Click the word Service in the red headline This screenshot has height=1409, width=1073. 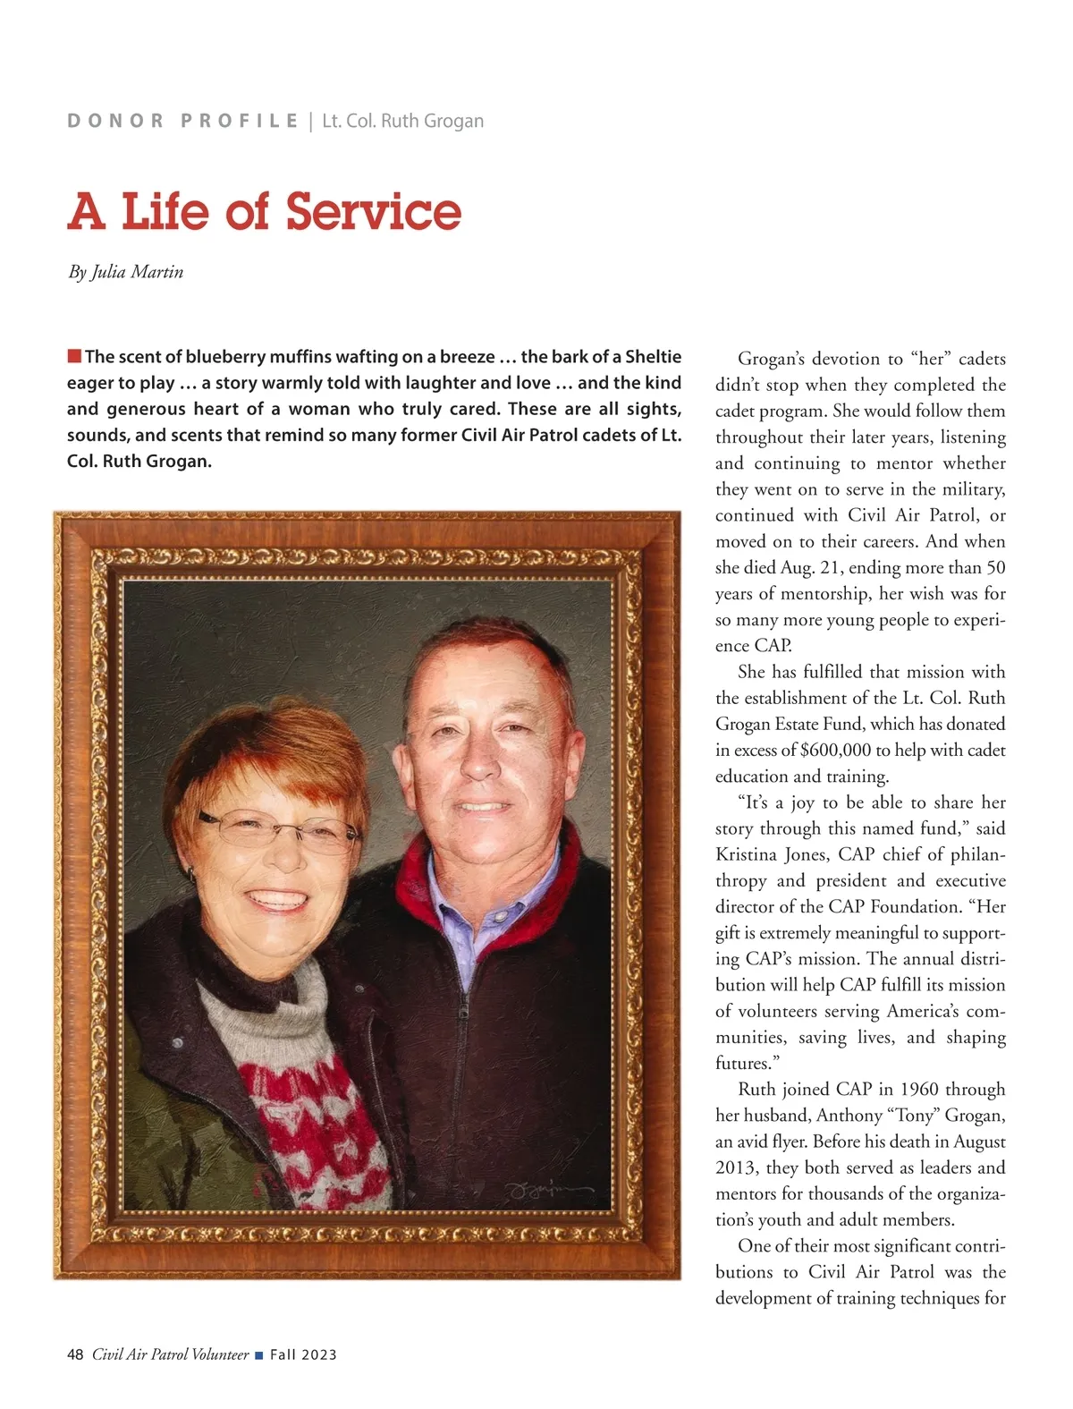pyautogui.click(x=374, y=212)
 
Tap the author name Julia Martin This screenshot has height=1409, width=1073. pyautogui.click(x=138, y=272)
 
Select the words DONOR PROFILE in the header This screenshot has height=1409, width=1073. pyautogui.click(x=182, y=121)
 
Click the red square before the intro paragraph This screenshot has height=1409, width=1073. pyautogui.click(x=74, y=357)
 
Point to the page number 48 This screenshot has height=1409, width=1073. pyautogui.click(x=75, y=1354)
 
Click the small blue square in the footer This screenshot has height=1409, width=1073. pyautogui.click(x=259, y=1355)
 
